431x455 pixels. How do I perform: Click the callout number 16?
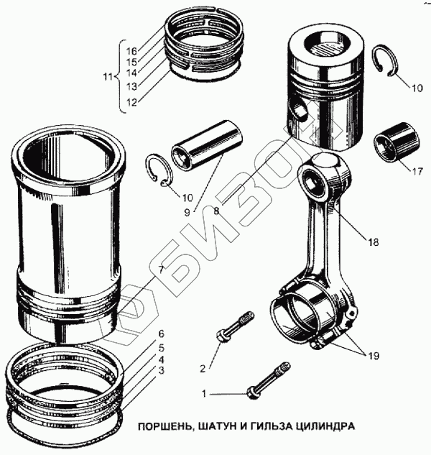(131, 51)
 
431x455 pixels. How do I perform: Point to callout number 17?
(417, 172)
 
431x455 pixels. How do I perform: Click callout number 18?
(373, 242)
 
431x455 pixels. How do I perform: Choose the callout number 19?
(374, 356)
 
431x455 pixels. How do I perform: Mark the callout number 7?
(162, 270)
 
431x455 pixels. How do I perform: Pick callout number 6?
(162, 334)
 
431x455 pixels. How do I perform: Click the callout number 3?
(162, 370)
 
